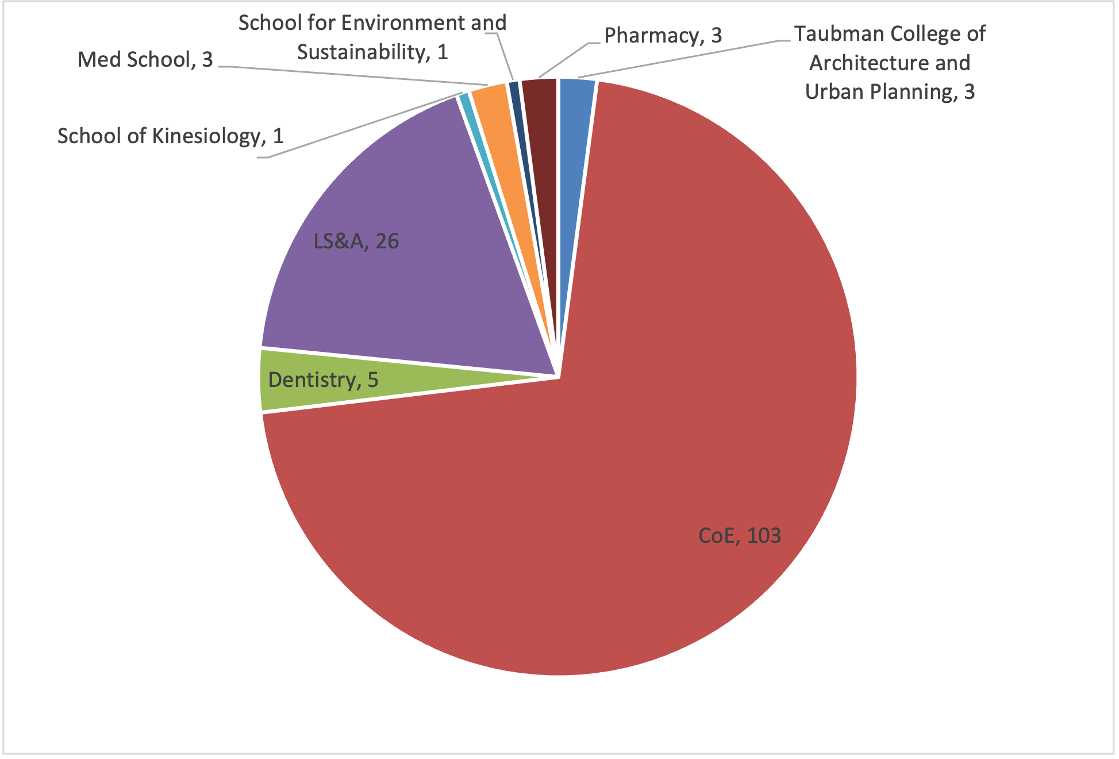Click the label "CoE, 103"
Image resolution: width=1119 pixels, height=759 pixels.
coord(739,536)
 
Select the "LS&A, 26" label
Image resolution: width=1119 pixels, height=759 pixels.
coord(356,241)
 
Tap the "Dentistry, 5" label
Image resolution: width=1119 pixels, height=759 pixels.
coord(323,379)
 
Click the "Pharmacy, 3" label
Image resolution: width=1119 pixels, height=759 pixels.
coord(663,36)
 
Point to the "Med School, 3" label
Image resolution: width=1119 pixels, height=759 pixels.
coord(145,59)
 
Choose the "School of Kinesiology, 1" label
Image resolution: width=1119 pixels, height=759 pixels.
coord(170,136)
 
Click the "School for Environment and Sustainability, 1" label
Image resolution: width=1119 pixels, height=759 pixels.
coord(372,37)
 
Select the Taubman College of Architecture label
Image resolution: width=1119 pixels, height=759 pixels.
coord(890,63)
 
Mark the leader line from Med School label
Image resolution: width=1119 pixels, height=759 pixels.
coord(345,75)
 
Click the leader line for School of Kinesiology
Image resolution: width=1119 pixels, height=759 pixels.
coord(362,125)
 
